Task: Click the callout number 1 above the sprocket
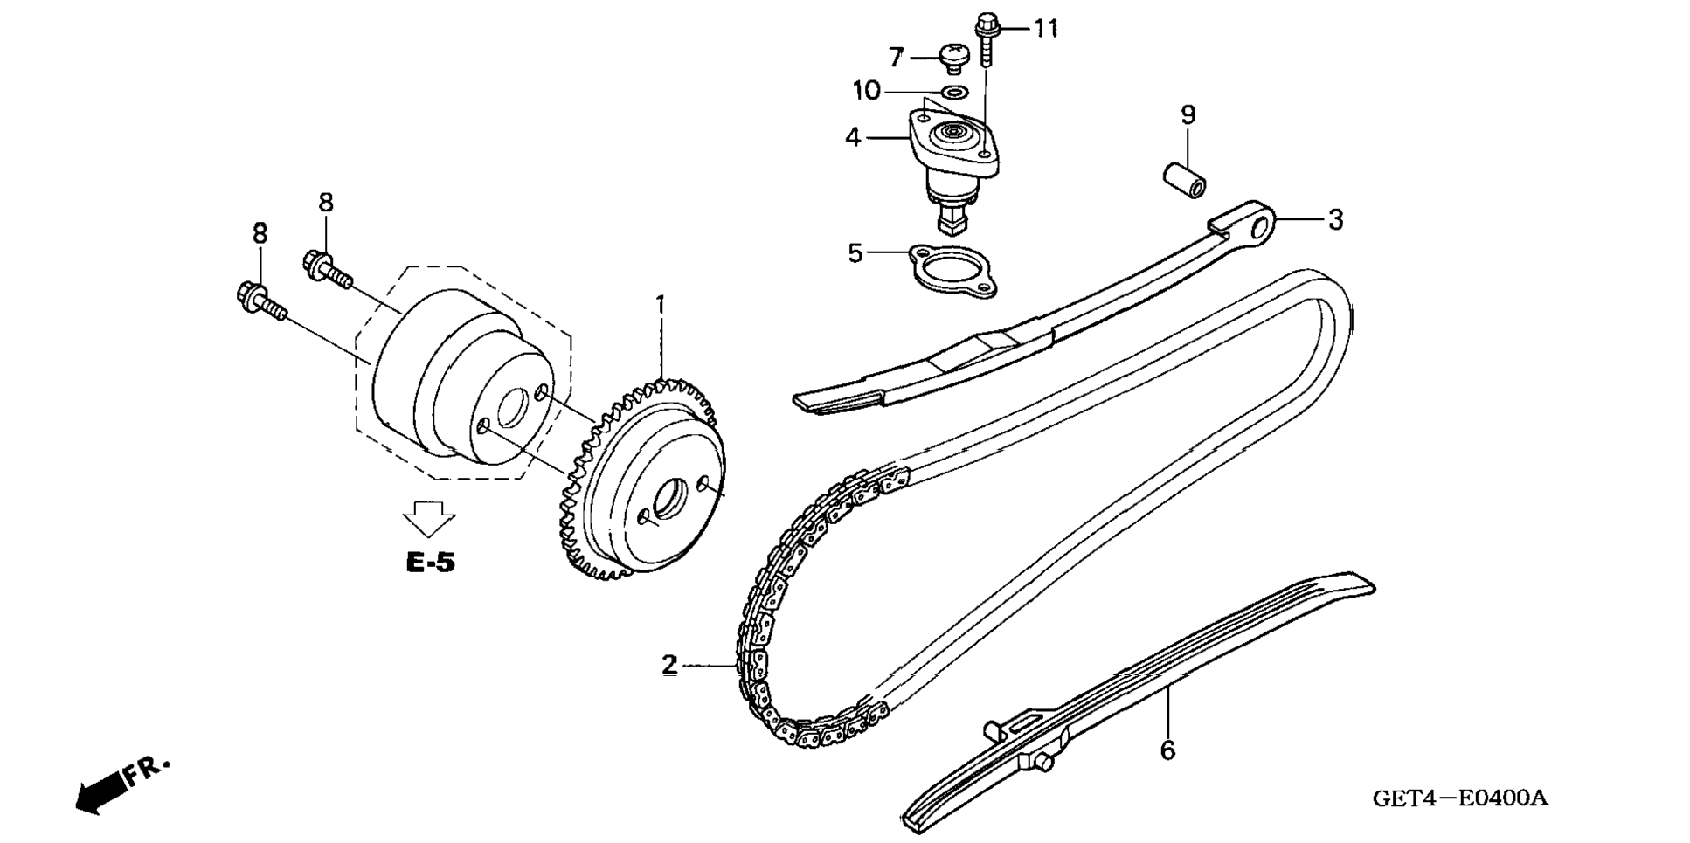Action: coord(661,306)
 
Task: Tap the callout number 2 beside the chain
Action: coord(669,666)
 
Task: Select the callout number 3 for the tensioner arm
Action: coord(1334,219)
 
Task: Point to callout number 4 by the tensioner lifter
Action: coord(854,137)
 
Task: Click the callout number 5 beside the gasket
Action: coord(855,253)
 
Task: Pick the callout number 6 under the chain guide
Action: coord(1167,750)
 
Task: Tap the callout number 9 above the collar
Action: coord(1188,114)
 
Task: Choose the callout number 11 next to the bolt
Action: coord(1046,29)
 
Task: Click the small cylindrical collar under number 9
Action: coord(1184,178)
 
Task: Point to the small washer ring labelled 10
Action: coord(954,91)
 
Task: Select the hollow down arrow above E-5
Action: coord(429,518)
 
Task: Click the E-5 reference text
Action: coord(430,563)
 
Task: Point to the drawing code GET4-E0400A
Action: coord(1460,798)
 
